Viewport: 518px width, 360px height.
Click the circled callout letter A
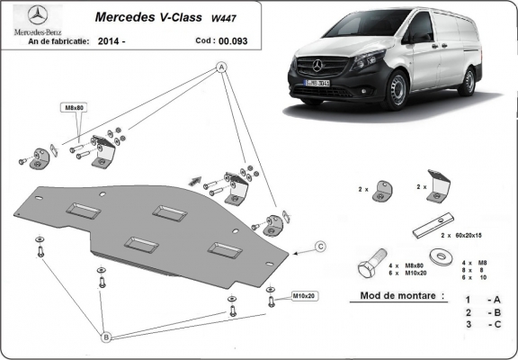(x=222, y=68)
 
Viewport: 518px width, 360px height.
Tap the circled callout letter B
(x=105, y=337)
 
